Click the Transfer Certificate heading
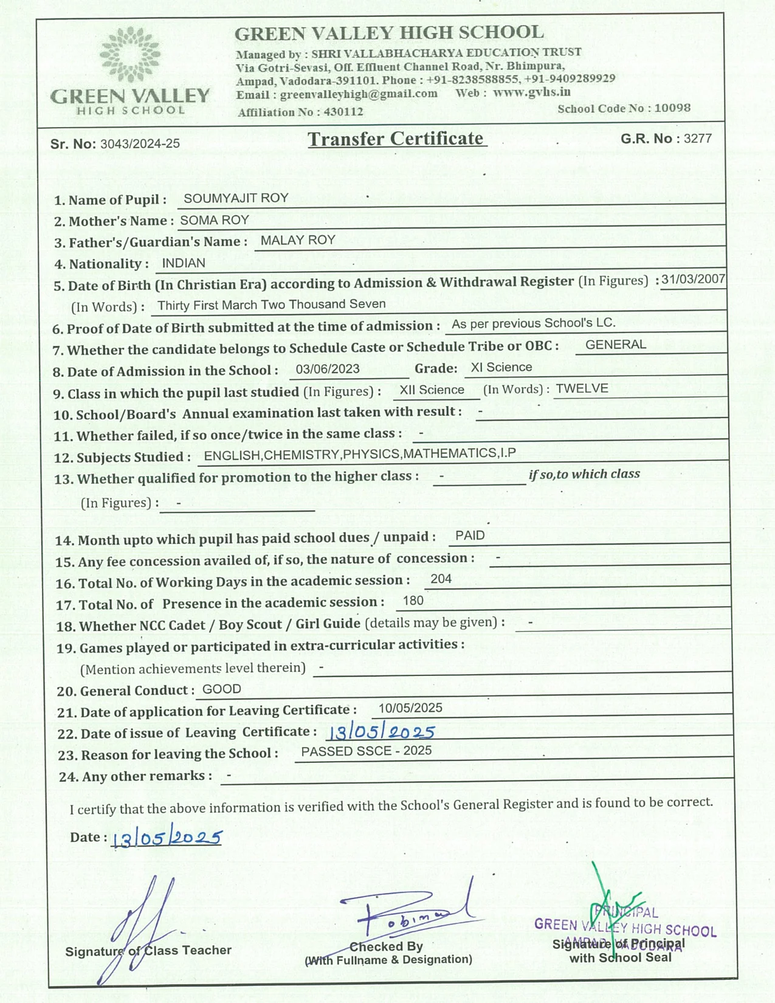(396, 139)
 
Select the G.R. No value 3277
(697, 139)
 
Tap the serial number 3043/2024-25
(140, 144)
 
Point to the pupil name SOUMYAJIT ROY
(236, 198)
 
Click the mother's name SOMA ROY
(215, 220)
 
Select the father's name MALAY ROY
(298, 240)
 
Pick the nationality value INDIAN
(184, 263)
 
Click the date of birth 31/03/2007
(693, 279)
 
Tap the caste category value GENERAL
(616, 345)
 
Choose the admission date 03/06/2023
(328, 369)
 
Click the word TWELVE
(582, 388)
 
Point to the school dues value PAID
(470, 536)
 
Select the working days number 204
(441, 579)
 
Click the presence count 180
(413, 601)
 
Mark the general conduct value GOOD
(222, 689)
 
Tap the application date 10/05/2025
(410, 708)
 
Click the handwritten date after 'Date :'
(167, 838)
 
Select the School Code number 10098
(672, 108)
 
